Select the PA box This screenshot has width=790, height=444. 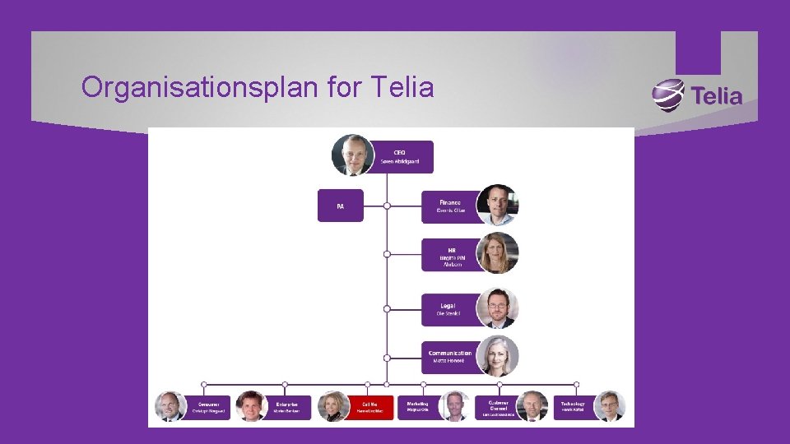pyautogui.click(x=340, y=206)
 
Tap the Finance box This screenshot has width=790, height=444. pyautogui.click(x=449, y=206)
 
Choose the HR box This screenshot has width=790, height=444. pyautogui.click(x=449, y=254)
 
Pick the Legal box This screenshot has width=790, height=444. pyautogui.click(x=449, y=309)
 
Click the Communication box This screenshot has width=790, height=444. pyautogui.click(x=449, y=357)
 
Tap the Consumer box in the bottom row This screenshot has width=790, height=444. pyautogui.click(x=207, y=406)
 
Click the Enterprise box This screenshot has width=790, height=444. pyautogui.click(x=287, y=406)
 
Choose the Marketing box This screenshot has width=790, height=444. pyautogui.click(x=418, y=406)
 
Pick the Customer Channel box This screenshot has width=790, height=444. pyautogui.click(x=497, y=406)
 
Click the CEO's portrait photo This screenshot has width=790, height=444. pyautogui.click(x=353, y=155)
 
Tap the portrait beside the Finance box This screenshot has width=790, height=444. pyautogui.click(x=498, y=205)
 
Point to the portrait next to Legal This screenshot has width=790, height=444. pyautogui.click(x=498, y=308)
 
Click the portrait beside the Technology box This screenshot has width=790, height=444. pyautogui.click(x=610, y=406)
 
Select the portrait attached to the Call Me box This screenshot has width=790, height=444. pyautogui.click(x=333, y=406)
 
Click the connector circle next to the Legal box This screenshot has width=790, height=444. pyautogui.click(x=387, y=309)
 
